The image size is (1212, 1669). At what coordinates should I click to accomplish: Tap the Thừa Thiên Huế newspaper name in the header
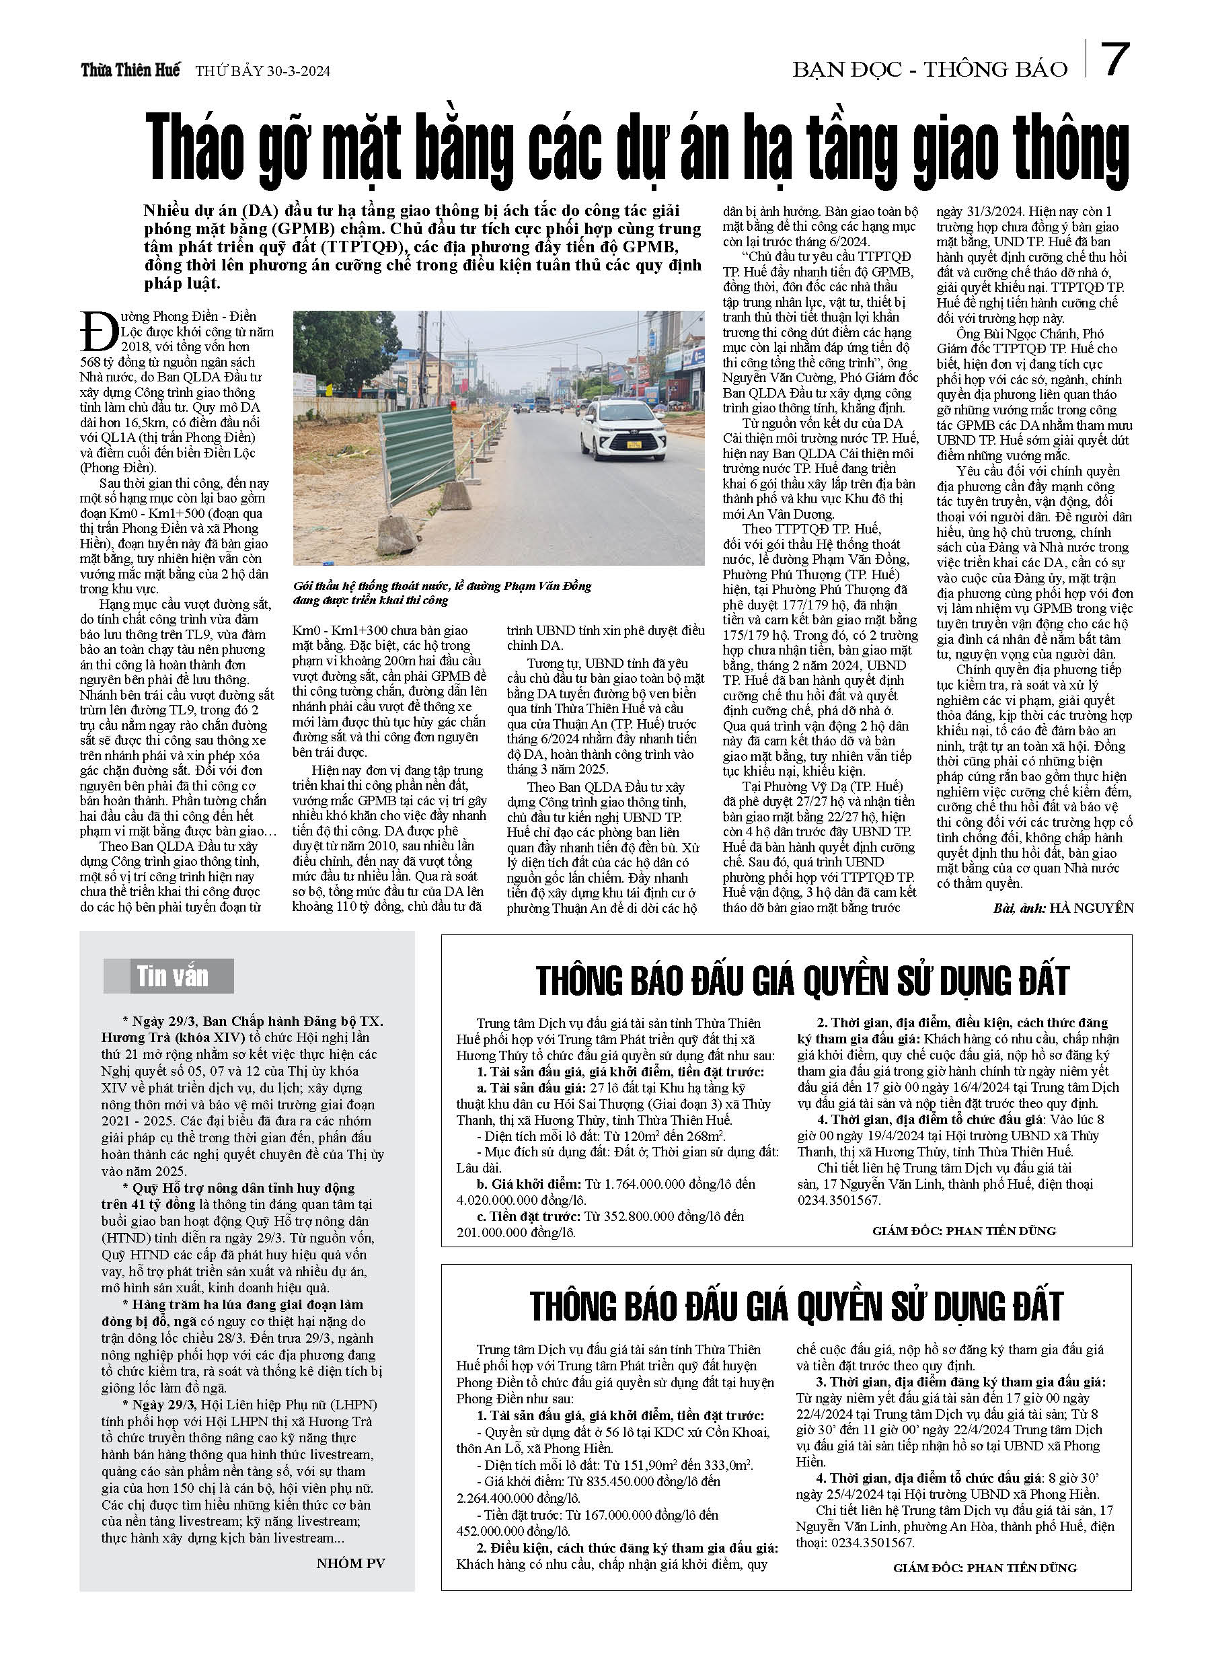[x=130, y=71]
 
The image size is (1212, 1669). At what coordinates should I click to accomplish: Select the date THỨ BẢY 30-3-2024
[x=263, y=71]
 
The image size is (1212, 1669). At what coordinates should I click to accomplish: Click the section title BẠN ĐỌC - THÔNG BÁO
[x=930, y=69]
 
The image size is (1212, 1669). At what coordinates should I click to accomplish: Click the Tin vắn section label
[x=172, y=977]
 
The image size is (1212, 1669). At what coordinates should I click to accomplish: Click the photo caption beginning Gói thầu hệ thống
[x=441, y=593]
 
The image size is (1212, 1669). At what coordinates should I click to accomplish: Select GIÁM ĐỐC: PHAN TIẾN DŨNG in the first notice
[x=964, y=1230]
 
